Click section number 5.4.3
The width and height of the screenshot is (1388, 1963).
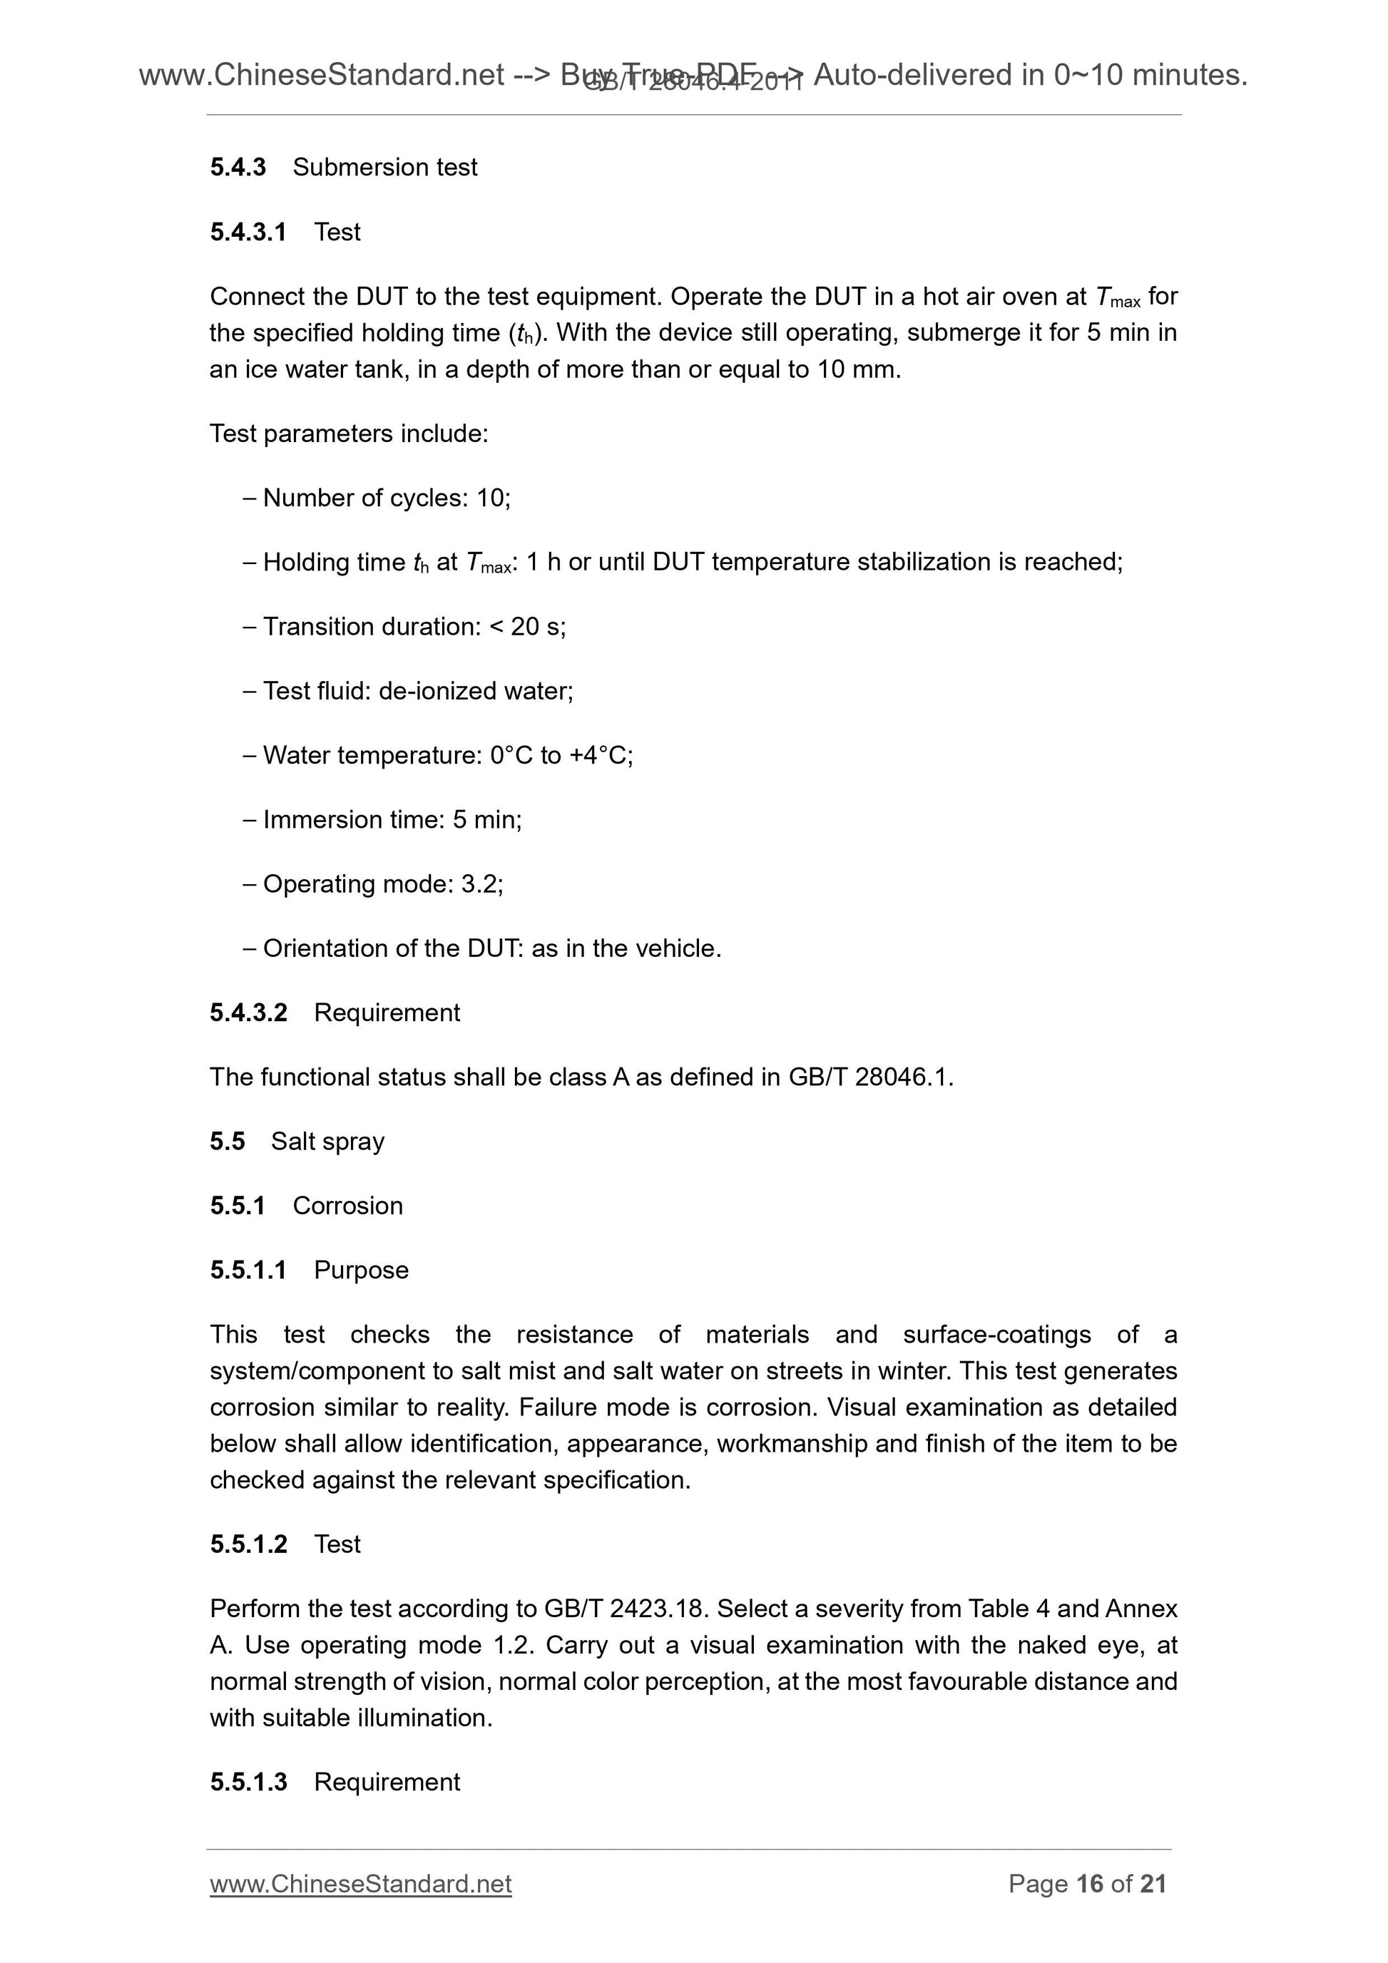(238, 167)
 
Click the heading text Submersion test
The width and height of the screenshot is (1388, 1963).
(385, 167)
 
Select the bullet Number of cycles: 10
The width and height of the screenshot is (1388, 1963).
(386, 498)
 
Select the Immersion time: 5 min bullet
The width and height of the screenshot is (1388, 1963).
(392, 820)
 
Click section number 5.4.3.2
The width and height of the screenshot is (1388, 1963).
(248, 1013)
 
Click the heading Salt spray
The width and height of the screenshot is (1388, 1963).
(327, 1142)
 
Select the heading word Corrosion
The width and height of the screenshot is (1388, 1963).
(347, 1206)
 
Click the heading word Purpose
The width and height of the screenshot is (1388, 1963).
(361, 1271)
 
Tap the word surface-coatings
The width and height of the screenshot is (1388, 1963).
(996, 1335)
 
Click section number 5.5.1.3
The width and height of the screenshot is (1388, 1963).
(248, 1782)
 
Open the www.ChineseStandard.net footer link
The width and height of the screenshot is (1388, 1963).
(360, 1883)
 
